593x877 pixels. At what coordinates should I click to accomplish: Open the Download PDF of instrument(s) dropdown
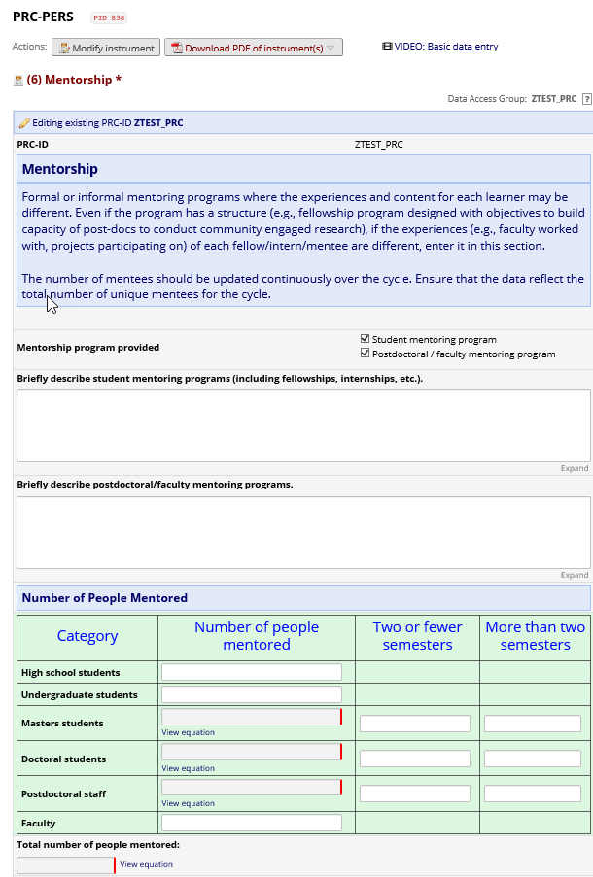253,48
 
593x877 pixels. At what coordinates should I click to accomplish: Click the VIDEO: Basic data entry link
446,47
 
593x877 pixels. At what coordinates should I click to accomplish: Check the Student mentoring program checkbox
365,340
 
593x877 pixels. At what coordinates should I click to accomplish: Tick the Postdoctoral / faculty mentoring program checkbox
365,354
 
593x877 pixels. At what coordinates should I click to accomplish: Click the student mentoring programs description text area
303,425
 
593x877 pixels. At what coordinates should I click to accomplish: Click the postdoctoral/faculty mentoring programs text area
303,531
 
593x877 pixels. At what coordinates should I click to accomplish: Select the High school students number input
252,672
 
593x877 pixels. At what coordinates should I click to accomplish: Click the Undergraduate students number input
252,694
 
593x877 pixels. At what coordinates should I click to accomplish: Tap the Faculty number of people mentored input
252,823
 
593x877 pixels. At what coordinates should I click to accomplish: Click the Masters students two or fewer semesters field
415,724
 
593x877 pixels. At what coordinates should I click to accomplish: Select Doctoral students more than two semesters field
533,759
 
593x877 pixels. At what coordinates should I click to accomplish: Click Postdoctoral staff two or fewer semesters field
415,793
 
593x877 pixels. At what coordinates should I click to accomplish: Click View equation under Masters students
188,733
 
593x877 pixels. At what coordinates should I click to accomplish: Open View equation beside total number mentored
147,864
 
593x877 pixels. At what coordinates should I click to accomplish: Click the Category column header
87,636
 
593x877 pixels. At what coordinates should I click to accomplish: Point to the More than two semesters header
535,636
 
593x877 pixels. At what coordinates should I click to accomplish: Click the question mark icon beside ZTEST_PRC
587,99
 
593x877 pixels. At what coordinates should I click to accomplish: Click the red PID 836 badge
109,18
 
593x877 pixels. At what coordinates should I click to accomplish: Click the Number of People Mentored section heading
105,598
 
